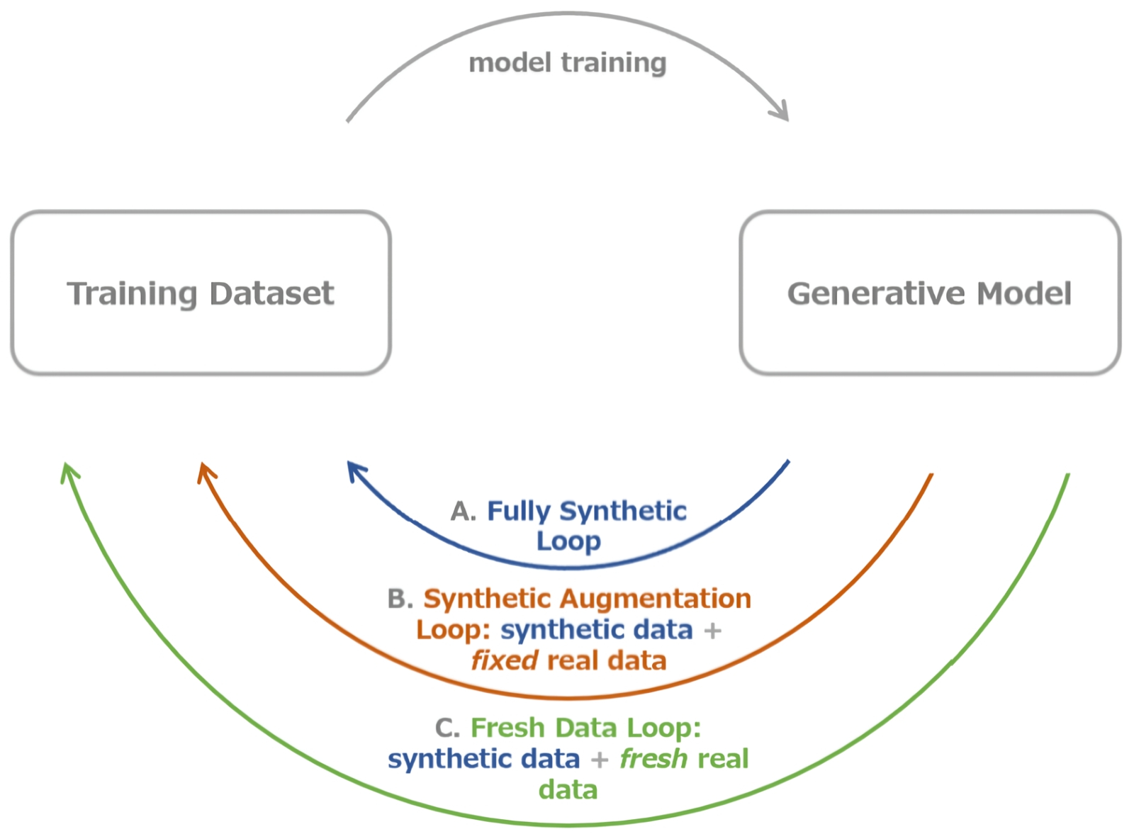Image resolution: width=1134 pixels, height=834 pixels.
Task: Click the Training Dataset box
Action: tap(201, 293)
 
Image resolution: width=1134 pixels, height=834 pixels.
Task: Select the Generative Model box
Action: tap(929, 293)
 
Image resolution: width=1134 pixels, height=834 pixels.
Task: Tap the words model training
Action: tap(567, 63)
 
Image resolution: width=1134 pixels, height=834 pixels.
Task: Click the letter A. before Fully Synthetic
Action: tap(463, 511)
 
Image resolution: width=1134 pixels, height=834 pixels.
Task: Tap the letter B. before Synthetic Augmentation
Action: tap(400, 599)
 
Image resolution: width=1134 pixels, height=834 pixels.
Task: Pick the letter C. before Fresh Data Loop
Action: tap(447, 728)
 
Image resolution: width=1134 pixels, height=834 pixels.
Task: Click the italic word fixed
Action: tap(505, 660)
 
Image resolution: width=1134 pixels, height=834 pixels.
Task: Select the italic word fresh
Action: tap(653, 759)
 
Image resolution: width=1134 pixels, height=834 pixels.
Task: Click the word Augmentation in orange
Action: tap(655, 599)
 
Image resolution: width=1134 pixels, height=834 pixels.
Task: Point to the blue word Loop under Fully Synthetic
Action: tap(568, 541)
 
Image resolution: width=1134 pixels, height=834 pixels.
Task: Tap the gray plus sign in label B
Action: tap(712, 630)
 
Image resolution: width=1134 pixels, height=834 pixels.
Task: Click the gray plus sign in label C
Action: tap(600, 760)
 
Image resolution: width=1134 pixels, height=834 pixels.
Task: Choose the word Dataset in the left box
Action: tap(271, 293)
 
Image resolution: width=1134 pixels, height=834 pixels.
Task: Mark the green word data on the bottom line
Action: tap(568, 789)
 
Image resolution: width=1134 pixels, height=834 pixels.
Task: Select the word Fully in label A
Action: tap(518, 511)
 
